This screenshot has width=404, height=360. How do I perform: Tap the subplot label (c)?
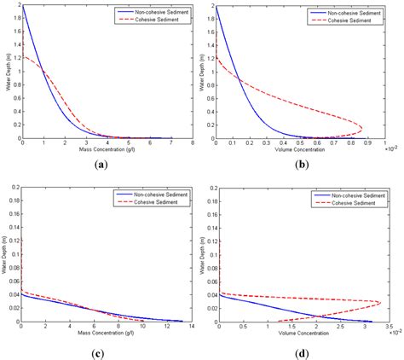pyautogui.click(x=102, y=349)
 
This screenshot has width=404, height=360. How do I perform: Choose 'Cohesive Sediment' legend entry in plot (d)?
pyautogui.click(x=347, y=204)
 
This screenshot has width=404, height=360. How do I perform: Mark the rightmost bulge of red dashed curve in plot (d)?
pyautogui.click(x=381, y=302)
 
